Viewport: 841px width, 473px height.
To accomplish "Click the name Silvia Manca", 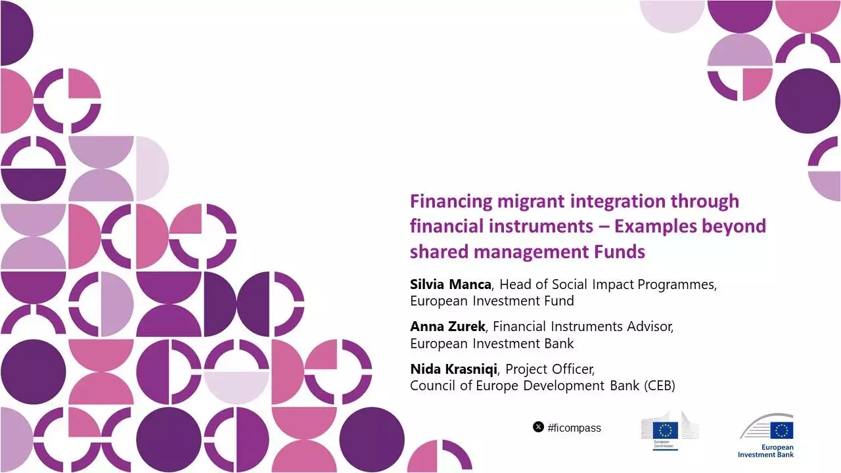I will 450,285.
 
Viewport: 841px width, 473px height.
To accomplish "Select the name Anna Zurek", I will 447,327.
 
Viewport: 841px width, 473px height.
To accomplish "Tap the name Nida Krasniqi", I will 453,369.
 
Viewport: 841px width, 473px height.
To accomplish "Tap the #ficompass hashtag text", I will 574,428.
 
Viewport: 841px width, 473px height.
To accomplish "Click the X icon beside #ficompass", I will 538,428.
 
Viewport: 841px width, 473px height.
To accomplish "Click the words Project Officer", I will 550,369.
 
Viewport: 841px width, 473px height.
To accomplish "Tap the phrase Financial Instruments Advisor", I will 583,327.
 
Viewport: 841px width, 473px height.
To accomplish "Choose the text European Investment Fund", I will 492,302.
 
